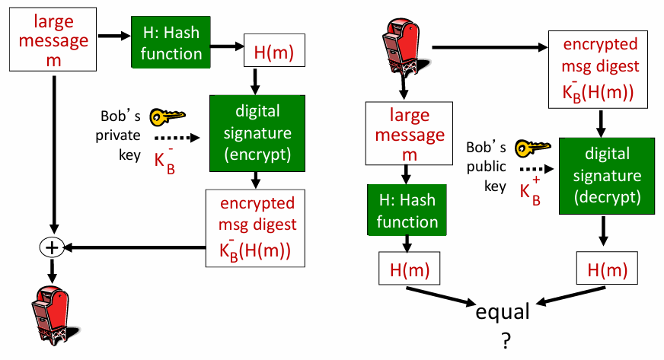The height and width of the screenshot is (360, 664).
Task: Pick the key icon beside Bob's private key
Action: pos(167,116)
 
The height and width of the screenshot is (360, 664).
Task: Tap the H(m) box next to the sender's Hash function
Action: pos(273,53)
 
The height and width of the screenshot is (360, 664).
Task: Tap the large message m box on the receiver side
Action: pos(409,135)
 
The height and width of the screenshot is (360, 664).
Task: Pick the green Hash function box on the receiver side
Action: pos(408,210)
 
